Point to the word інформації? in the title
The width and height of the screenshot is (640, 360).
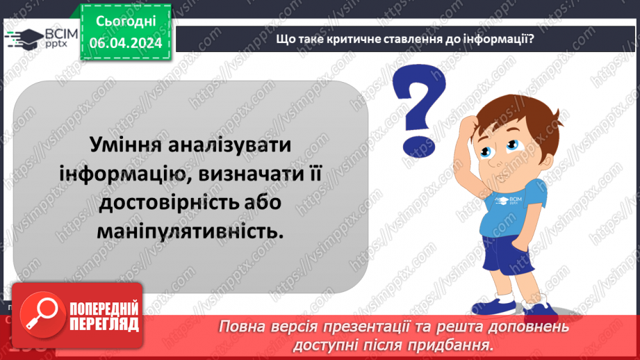500,40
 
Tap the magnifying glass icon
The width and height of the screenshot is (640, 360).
40,313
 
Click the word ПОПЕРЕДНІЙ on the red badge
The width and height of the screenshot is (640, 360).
102,309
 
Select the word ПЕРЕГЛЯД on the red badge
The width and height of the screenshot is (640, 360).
102,324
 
